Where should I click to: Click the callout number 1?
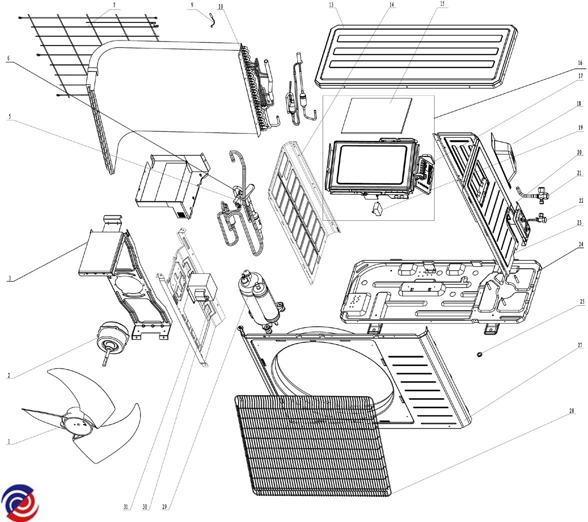pos(8,442)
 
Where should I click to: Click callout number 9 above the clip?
pos(192,4)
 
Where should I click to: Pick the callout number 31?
pos(126,507)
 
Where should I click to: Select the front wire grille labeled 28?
pos(310,445)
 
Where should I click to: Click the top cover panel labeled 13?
pos(420,52)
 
